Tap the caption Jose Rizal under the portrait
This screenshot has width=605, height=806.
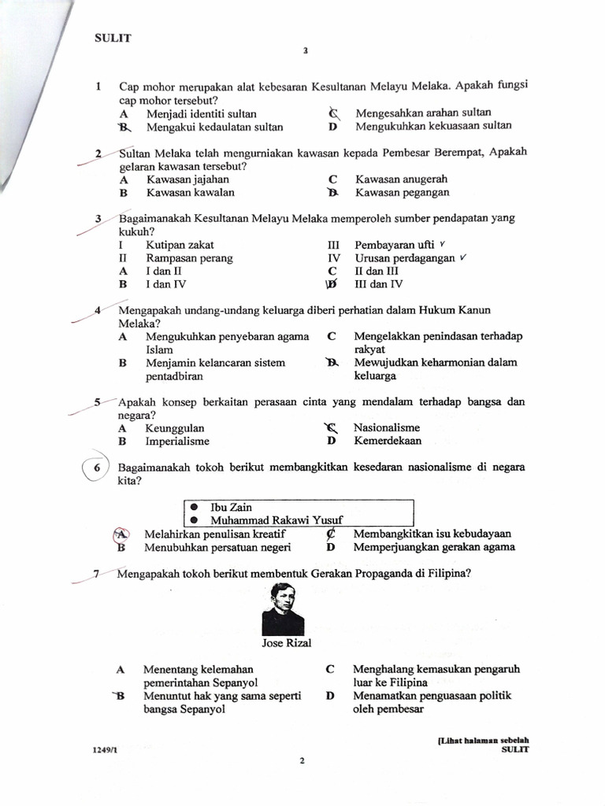coord(287,643)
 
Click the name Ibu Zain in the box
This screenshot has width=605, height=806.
coord(232,508)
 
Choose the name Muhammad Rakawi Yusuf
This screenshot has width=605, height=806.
coord(277,520)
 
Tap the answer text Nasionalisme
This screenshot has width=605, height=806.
coord(387,427)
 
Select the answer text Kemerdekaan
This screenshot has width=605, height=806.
coord(388,441)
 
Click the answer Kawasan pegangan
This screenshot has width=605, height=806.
coord(402,192)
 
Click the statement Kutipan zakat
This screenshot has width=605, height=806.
coord(180,245)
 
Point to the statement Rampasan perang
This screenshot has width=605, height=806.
coord(189,258)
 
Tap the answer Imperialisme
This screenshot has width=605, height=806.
coord(177,442)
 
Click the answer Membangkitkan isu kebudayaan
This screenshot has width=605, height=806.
coord(432,534)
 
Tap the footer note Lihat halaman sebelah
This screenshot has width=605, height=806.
coord(481,740)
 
